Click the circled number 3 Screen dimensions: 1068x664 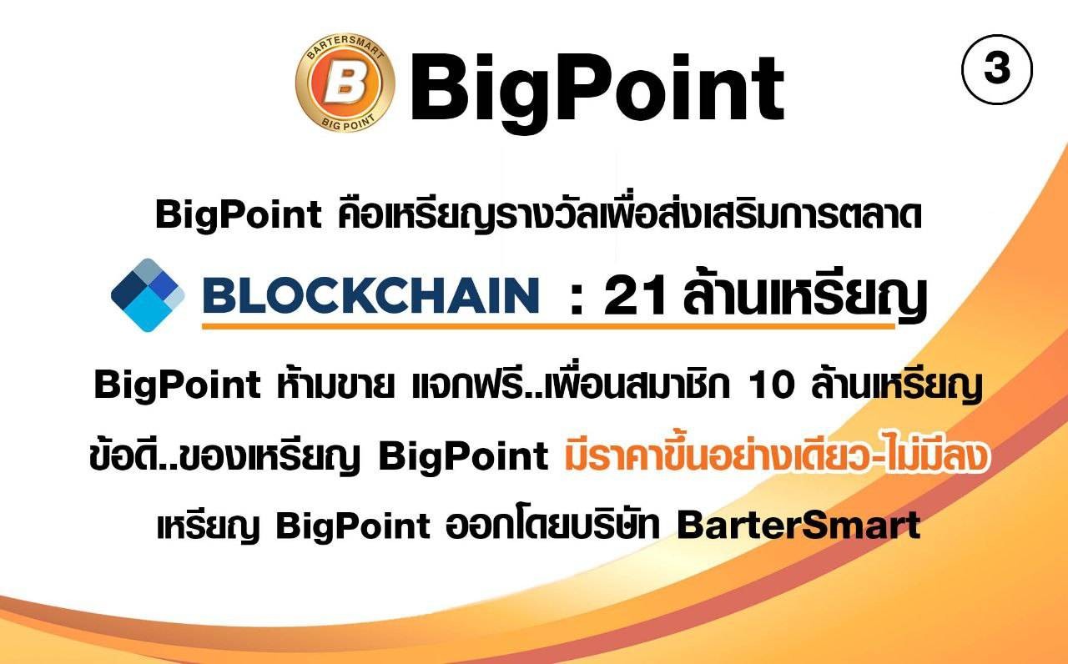coord(997,69)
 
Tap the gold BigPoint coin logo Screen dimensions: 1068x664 coord(345,83)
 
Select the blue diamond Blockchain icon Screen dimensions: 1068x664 coord(148,295)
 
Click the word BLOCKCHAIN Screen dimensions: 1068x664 coord(371,295)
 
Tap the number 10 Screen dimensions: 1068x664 coord(772,385)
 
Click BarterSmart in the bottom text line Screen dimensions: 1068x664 coord(798,525)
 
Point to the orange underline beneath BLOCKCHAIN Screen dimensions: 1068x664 coord(548,326)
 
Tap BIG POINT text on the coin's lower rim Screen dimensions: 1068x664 coord(348,121)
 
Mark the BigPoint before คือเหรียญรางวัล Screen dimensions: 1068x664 coord(239,215)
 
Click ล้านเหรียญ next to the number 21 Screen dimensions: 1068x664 coord(805,295)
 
